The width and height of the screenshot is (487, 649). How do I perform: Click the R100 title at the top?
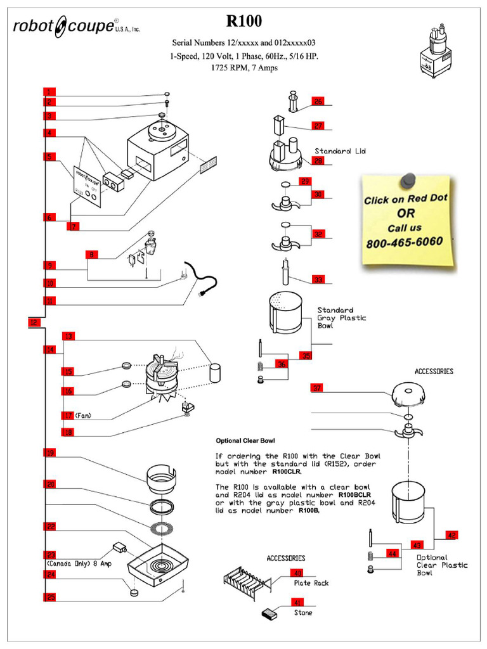click(244, 22)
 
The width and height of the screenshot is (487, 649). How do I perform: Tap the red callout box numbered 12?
click(34, 323)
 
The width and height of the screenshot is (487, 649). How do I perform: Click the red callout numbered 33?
click(318, 280)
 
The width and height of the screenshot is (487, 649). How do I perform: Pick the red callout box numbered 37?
click(317, 387)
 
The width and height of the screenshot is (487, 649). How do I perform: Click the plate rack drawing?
click(247, 584)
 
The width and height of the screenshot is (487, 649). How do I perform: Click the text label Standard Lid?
click(340, 151)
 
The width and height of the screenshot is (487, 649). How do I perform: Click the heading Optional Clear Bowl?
click(245, 440)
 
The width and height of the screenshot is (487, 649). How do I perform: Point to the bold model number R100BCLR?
click(354, 494)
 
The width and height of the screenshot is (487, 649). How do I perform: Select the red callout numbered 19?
click(49, 453)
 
